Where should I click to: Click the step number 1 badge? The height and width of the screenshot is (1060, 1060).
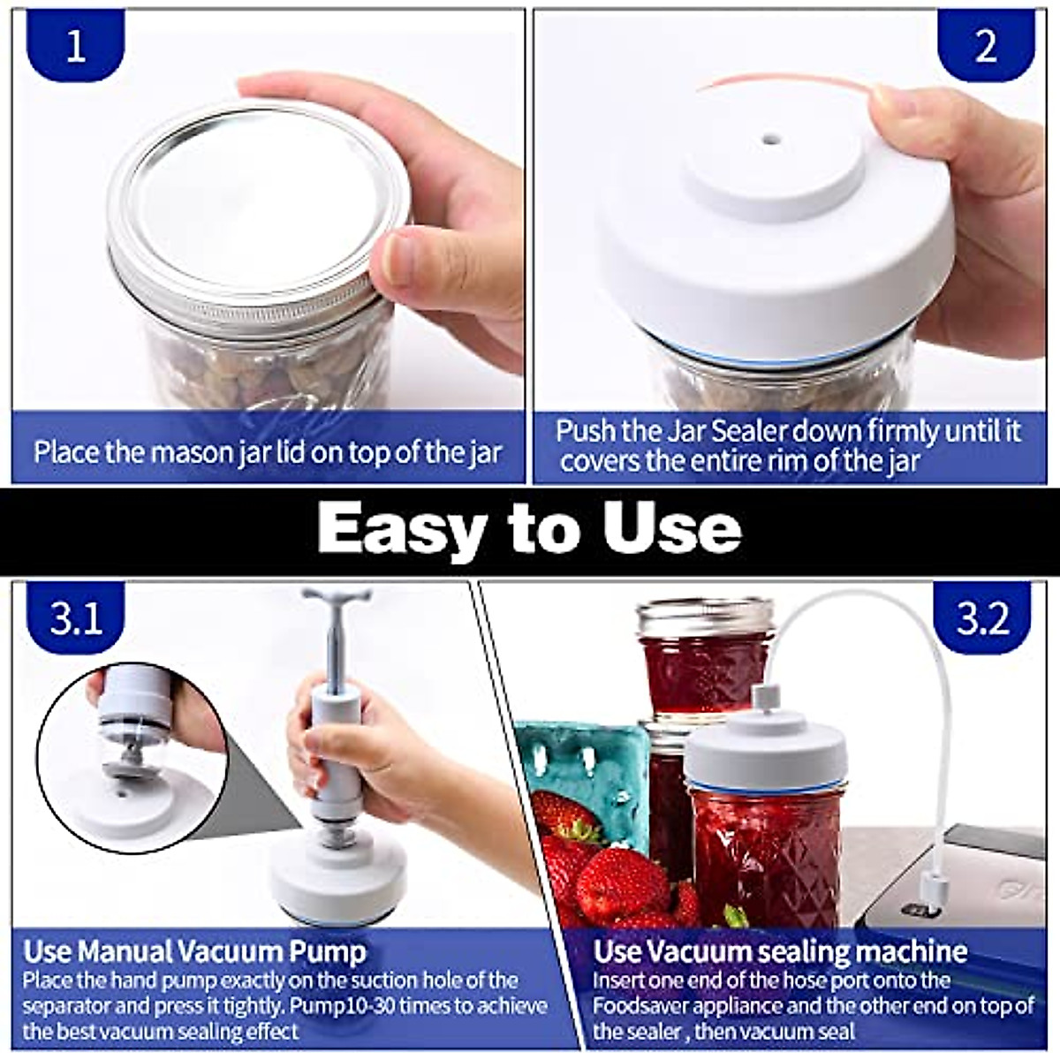pyautogui.click(x=76, y=45)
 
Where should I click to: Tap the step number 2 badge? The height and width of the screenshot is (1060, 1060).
pyautogui.click(x=985, y=45)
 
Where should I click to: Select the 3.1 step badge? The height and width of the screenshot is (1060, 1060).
pyautogui.click(x=76, y=618)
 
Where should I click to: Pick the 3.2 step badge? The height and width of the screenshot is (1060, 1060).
pyautogui.click(x=982, y=618)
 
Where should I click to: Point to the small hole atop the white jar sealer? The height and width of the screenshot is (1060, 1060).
pyautogui.click(x=771, y=140)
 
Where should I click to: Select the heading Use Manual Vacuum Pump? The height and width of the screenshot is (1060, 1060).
pyautogui.click(x=194, y=951)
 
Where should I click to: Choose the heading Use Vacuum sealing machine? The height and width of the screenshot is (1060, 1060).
pyautogui.click(x=780, y=951)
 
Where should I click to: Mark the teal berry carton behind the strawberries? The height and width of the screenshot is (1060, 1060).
pyautogui.click(x=583, y=760)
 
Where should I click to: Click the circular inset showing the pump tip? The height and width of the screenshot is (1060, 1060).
pyautogui.click(x=132, y=760)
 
